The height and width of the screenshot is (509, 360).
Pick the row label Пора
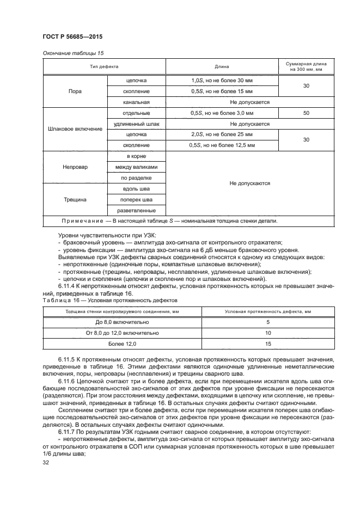75,91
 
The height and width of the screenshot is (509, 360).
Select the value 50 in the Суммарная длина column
306,113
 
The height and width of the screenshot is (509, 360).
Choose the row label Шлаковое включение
75,129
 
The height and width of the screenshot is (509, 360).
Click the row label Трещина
75,199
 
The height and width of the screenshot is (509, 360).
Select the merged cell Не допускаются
249,183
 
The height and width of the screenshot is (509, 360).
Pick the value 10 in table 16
268,333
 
